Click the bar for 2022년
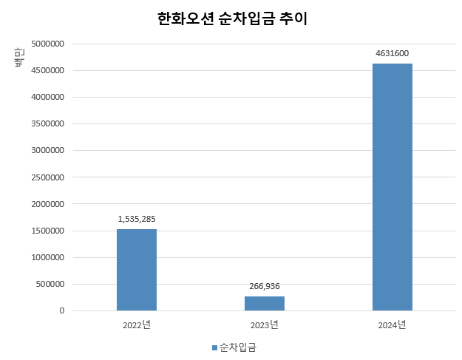tap(137, 270)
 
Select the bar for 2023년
tap(265, 303)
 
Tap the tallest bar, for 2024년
tap(393, 187)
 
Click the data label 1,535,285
tap(137, 219)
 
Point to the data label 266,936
tap(265, 286)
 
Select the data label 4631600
tap(393, 53)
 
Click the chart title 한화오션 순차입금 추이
tap(232, 19)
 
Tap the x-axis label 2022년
tap(137, 325)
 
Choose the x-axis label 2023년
tap(265, 325)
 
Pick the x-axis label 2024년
tap(393, 325)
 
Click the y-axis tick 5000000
tap(46, 44)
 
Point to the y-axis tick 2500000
tap(46, 177)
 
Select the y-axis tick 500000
tap(48, 284)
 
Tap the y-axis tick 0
tap(62, 311)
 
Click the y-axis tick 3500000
tap(46, 123)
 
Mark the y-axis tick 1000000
tap(46, 257)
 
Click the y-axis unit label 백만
tap(20, 57)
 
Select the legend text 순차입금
tap(237, 347)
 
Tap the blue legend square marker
tap(215, 347)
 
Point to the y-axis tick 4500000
tap(46, 70)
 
